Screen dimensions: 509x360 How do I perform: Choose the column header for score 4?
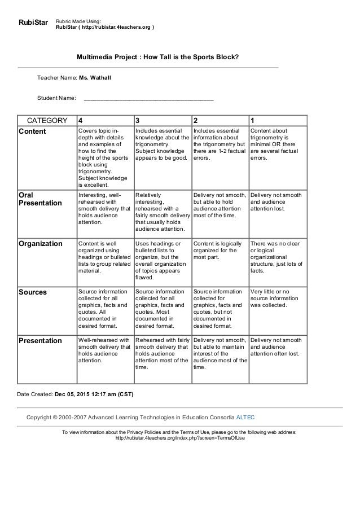coord(80,120)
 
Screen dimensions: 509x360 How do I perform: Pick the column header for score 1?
coord(252,120)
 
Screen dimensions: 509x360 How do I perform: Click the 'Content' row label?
coord(33,131)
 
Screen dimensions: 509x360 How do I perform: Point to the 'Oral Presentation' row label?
coord(40,199)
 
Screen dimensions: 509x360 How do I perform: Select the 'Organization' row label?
coord(41,244)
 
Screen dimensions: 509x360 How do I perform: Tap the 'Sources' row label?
coord(33,292)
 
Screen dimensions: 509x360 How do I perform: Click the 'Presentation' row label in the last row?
coord(40,341)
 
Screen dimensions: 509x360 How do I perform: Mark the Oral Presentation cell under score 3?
coord(162,212)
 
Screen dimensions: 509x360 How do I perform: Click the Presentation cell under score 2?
coord(219,353)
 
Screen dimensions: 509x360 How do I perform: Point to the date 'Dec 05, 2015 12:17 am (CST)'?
coord(94,394)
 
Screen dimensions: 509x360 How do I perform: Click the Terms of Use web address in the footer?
coord(180,438)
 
